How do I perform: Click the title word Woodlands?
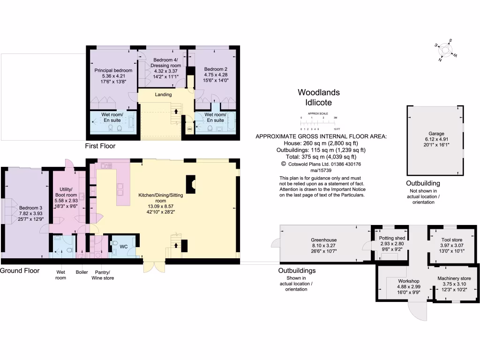coord(319,93)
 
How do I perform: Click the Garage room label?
coord(436,134)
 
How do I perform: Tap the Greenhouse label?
coord(324,240)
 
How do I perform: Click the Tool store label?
coord(451,240)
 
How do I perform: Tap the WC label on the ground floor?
coord(124,246)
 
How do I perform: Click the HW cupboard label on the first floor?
coord(190,129)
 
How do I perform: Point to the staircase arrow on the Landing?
coord(176,112)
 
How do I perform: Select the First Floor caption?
coord(100,146)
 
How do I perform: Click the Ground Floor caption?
coord(20,271)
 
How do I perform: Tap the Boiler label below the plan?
coord(82,272)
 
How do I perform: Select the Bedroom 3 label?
coord(30,208)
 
